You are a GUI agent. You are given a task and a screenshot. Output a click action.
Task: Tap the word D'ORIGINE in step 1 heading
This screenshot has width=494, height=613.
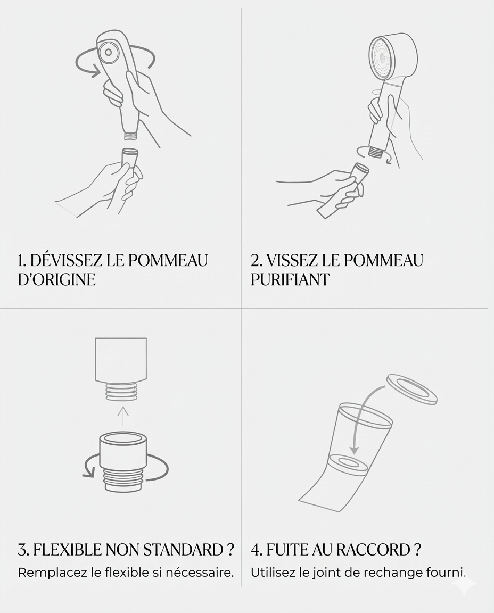tap(56, 279)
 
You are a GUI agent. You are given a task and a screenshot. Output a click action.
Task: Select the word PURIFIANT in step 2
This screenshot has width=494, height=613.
tap(290, 279)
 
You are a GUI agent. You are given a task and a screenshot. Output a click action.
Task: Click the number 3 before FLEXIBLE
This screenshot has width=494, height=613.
tap(22, 550)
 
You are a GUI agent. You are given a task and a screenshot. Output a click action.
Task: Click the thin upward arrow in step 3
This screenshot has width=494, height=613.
tap(122, 415)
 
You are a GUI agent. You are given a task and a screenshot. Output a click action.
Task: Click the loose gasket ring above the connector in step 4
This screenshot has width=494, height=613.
tap(411, 389)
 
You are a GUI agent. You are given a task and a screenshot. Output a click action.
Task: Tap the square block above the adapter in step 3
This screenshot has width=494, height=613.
tap(121, 360)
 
